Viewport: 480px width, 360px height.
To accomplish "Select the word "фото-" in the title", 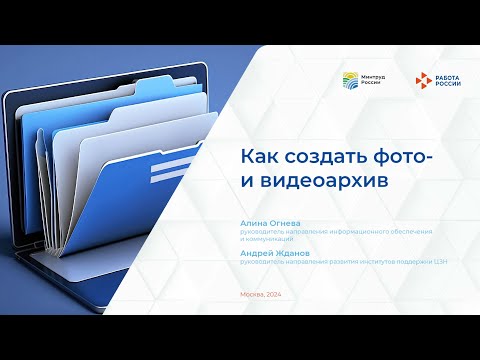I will (405, 157).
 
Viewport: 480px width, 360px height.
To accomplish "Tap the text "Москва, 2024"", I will (261, 293).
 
